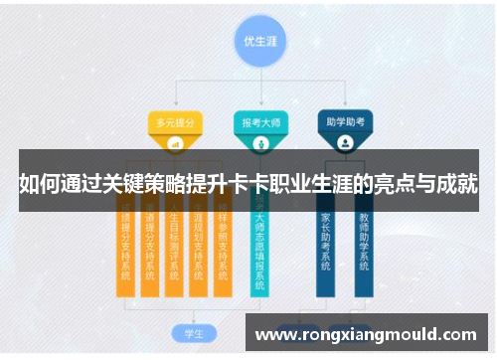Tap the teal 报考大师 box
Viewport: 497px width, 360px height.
pyautogui.click(x=259, y=122)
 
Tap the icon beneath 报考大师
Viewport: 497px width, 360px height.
pyautogui.click(x=259, y=142)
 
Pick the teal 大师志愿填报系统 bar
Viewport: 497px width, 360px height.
pyautogui.click(x=259, y=249)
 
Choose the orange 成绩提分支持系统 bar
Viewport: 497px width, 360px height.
pyautogui.click(x=125, y=249)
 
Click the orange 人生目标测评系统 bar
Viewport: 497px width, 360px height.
pyautogui.click(x=174, y=249)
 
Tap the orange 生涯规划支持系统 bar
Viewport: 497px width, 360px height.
pyautogui.click(x=198, y=249)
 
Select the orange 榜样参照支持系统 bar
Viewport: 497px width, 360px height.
pyautogui.click(x=222, y=249)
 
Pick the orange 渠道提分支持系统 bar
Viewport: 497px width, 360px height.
pyautogui.click(x=149, y=249)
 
